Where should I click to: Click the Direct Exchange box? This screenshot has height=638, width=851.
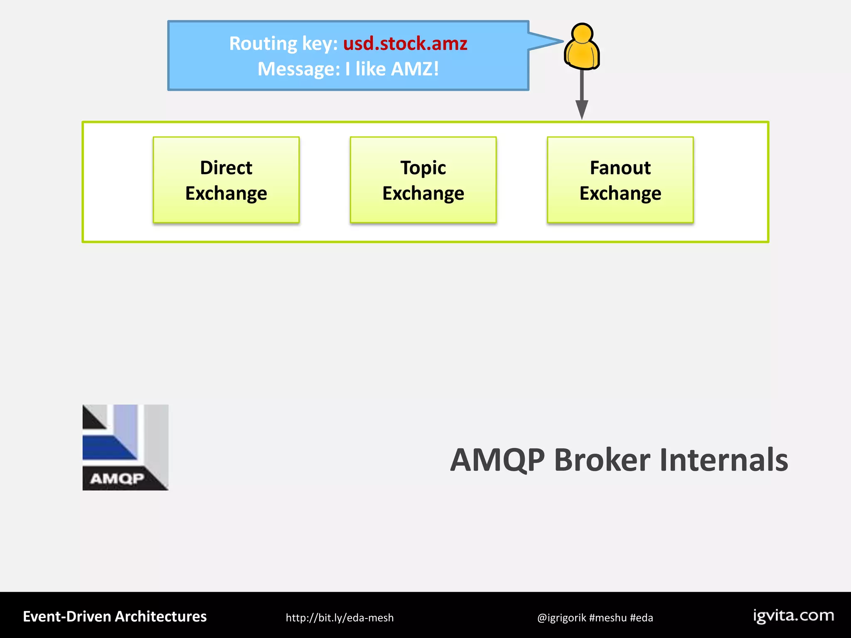226,180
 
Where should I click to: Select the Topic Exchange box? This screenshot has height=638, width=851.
423,180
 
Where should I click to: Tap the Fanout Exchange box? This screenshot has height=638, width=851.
620,180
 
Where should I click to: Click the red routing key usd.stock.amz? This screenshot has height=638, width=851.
405,44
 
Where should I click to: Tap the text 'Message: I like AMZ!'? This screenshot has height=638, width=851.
348,69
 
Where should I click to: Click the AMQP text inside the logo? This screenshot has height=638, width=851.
117,478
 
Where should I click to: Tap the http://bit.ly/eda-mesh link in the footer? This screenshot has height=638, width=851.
339,618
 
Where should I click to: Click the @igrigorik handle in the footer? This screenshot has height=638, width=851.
561,618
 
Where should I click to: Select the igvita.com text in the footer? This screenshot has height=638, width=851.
794,616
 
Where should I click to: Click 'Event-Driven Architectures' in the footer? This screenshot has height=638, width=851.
115,616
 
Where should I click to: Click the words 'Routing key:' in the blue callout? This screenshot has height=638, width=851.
284,44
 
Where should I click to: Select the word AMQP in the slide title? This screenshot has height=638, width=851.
497,460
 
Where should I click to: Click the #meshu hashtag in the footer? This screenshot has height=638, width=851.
608,618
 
